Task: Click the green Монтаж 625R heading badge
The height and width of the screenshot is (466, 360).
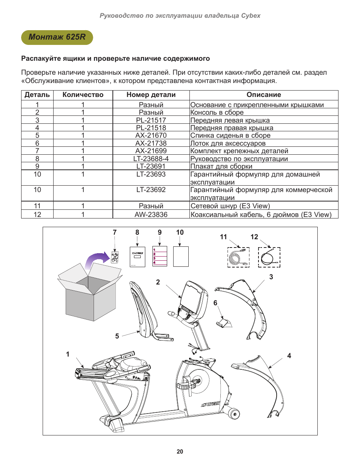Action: click(57, 37)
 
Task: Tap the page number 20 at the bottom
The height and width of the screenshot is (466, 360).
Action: click(180, 451)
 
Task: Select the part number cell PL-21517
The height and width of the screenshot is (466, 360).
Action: click(151, 120)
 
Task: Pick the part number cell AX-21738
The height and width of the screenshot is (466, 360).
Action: click(151, 143)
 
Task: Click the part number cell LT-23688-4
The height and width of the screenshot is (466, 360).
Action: click(151, 159)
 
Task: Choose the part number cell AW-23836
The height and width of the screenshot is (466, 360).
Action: click(151, 214)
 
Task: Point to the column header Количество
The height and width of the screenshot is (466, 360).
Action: click(83, 95)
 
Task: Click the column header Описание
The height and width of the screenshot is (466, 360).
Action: click(264, 95)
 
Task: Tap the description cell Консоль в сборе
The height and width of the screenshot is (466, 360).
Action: click(217, 112)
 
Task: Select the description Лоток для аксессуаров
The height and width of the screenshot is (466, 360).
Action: click(228, 143)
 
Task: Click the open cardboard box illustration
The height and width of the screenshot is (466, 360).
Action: click(90, 293)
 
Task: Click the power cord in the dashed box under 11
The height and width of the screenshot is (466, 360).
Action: click(238, 257)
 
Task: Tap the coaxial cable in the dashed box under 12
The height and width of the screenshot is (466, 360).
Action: click(269, 257)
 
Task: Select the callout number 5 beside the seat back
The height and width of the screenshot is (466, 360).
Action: click(117, 336)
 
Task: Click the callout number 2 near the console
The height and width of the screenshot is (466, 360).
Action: click(158, 282)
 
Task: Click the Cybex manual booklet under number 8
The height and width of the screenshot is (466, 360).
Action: click(137, 257)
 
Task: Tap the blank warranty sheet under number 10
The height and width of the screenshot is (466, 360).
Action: click(181, 257)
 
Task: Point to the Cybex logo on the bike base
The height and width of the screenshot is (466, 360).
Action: click(211, 404)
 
